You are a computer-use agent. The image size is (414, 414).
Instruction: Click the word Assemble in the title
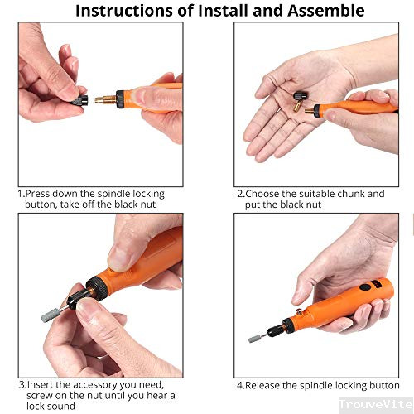click(326, 11)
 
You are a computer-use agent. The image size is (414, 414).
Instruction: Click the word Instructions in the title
click(123, 11)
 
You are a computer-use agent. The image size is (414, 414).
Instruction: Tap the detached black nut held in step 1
click(80, 101)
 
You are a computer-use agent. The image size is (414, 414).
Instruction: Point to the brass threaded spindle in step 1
click(106, 99)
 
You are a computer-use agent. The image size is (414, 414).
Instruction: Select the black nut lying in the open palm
click(301, 97)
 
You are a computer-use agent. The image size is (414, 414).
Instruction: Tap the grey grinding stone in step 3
click(51, 315)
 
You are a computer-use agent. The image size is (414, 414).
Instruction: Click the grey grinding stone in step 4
click(254, 339)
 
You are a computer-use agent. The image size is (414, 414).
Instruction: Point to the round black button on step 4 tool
click(365, 287)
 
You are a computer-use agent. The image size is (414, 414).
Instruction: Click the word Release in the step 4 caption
click(262, 385)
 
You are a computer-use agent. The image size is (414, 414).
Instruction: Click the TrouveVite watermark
click(376, 405)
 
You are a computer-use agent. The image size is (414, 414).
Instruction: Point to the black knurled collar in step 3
click(98, 288)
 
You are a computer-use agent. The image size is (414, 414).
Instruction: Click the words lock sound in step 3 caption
click(51, 407)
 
